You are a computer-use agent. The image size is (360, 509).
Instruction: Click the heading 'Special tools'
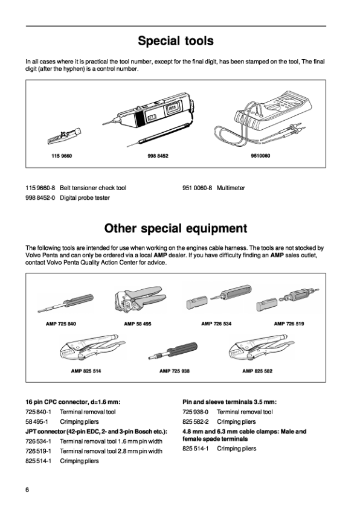175,41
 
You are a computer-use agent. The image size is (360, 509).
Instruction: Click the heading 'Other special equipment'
175,228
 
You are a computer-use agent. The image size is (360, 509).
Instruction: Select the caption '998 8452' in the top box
157,156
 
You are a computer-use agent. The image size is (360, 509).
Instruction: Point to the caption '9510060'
260,156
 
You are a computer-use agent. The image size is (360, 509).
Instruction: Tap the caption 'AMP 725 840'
61,324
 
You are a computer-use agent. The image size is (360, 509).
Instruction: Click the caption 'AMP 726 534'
216,324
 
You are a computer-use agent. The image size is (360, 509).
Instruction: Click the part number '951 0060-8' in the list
196,188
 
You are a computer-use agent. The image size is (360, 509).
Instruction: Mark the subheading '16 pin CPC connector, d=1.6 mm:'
72,401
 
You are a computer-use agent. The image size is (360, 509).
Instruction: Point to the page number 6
27,488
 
